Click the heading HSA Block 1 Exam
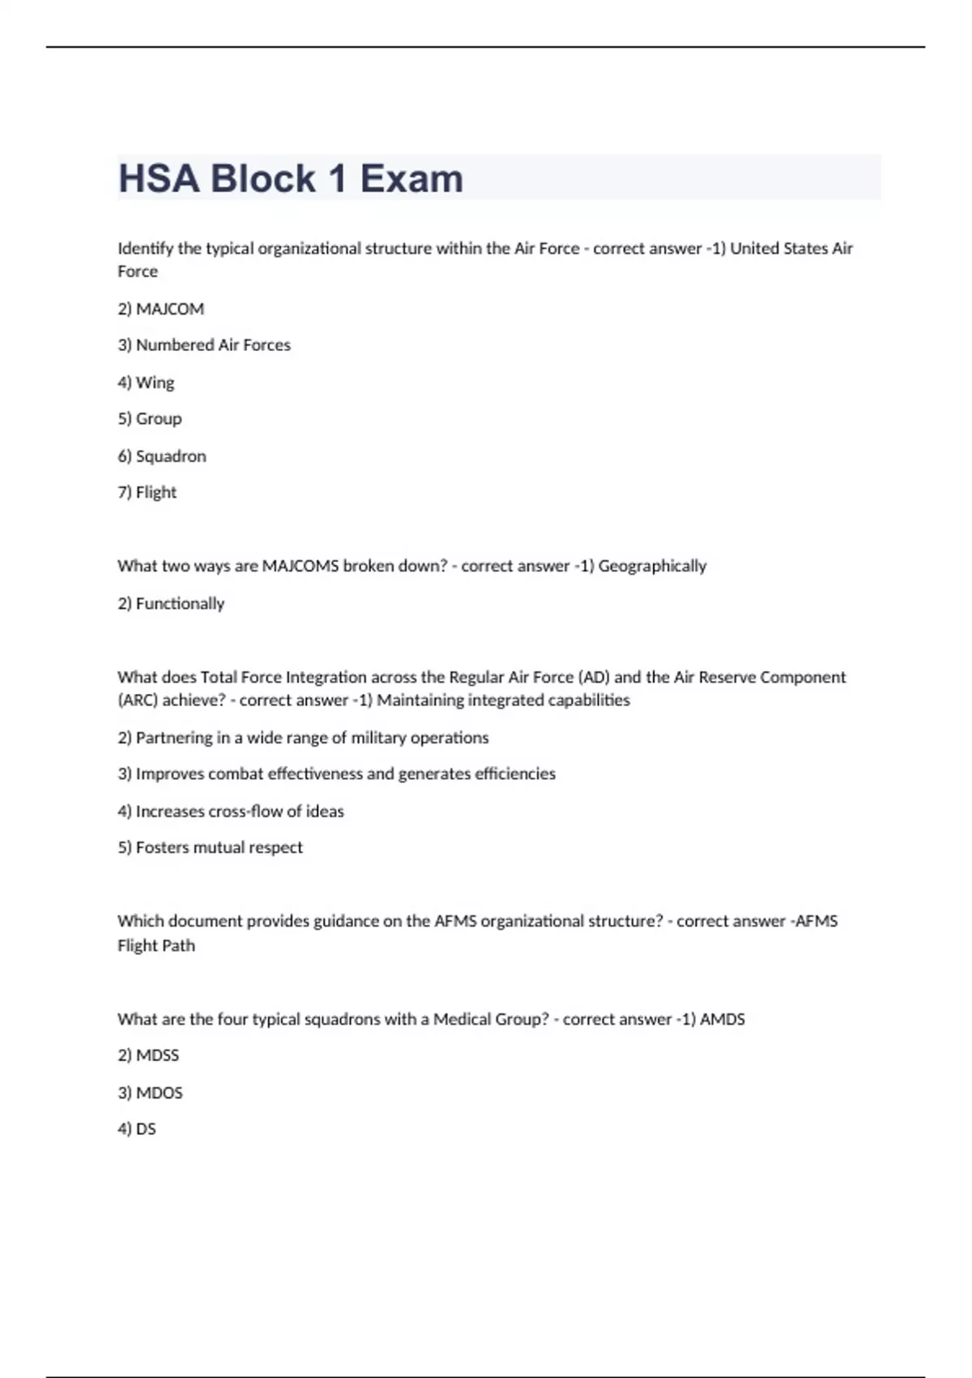tap(291, 178)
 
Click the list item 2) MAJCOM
tap(160, 309)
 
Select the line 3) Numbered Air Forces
tap(204, 345)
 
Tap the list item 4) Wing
tap(146, 383)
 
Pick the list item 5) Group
tap(150, 419)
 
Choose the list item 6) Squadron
tap(162, 456)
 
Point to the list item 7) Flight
tap(147, 493)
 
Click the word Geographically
tap(652, 566)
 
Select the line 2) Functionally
tap(171, 604)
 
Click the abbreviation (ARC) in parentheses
tap(138, 700)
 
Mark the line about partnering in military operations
tap(303, 738)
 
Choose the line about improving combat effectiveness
tap(337, 774)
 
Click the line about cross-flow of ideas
tap(231, 811)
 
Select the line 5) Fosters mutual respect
tap(211, 848)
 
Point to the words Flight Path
tap(156, 946)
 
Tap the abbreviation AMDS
tap(723, 1020)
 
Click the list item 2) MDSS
tap(148, 1055)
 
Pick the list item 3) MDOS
tap(150, 1093)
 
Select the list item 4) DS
tap(137, 1129)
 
